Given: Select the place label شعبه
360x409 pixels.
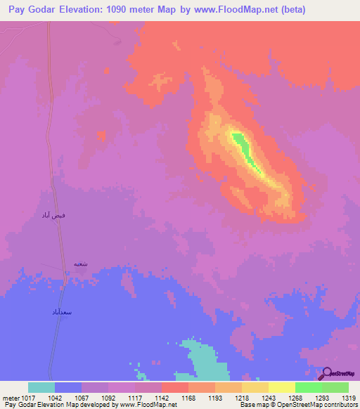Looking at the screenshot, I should [80, 264].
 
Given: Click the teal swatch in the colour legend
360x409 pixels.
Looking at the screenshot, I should [41, 387].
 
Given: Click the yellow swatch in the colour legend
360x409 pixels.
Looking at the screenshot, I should [281, 387].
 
